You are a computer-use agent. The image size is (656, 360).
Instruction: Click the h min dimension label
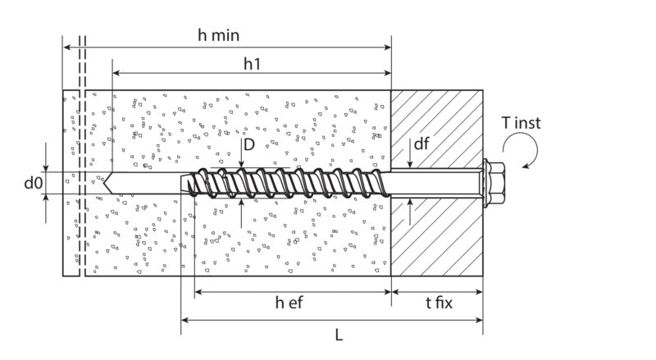(x=218, y=35)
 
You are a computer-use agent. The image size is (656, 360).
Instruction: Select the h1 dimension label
(x=252, y=64)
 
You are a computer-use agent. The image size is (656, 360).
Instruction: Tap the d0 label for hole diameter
(x=33, y=183)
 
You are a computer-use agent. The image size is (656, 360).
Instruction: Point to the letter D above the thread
(x=249, y=145)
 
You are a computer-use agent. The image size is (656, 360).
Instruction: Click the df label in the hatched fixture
(x=421, y=144)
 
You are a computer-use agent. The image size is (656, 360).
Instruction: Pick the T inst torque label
(x=521, y=123)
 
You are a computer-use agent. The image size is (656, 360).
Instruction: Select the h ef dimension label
(x=289, y=303)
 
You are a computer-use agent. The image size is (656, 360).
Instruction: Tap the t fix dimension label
(x=439, y=303)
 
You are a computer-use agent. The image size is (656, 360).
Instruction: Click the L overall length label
(x=339, y=335)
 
